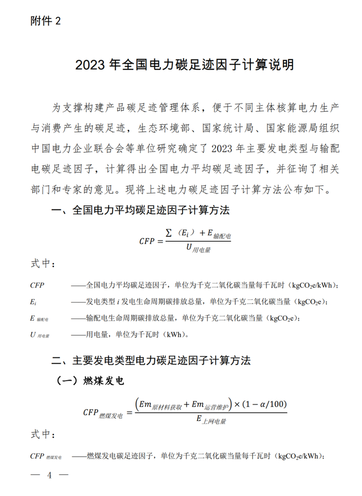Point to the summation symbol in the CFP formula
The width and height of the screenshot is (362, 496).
[169, 234]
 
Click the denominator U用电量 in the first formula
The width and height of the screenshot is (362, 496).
[198, 249]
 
